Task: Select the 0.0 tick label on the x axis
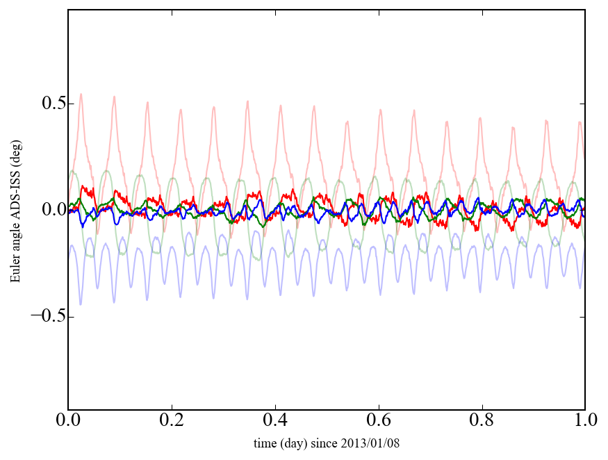[x=68, y=421]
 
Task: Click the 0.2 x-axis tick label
[x=172, y=421]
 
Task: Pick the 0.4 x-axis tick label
[x=275, y=421]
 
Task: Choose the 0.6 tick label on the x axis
[x=379, y=421]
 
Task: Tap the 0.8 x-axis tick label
[x=482, y=421]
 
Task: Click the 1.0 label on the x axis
[x=584, y=421]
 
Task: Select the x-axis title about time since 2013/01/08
[x=327, y=443]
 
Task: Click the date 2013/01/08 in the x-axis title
[x=376, y=443]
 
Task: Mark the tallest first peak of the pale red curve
[x=81, y=95]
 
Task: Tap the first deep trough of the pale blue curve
[x=81, y=304]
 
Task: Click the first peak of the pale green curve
[x=73, y=171]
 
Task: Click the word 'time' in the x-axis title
[x=263, y=443]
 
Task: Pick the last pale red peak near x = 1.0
[x=580, y=123]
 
